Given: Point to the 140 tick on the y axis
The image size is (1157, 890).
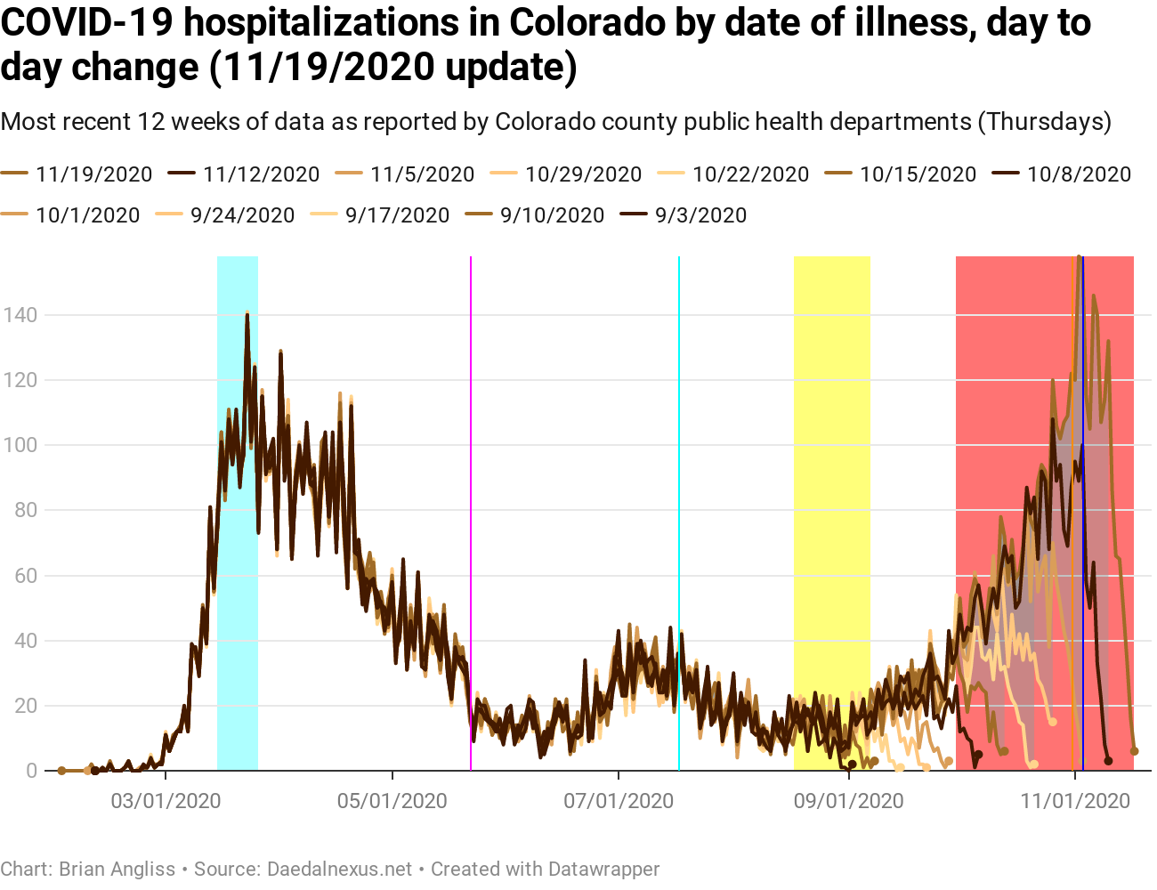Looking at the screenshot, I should click(20, 315).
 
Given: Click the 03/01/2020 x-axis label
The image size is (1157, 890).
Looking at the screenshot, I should click(166, 801).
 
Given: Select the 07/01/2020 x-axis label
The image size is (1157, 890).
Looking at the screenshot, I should click(619, 801).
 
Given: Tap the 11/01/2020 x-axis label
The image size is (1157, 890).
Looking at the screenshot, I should click(1075, 801).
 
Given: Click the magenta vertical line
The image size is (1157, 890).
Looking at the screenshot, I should click(471, 445).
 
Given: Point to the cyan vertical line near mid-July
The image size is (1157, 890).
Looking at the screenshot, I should click(679, 445).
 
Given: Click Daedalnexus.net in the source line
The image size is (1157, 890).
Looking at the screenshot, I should click(340, 869).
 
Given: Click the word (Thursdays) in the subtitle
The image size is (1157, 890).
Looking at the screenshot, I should click(1045, 121).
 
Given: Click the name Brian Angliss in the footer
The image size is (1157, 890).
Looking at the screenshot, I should click(117, 869).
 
